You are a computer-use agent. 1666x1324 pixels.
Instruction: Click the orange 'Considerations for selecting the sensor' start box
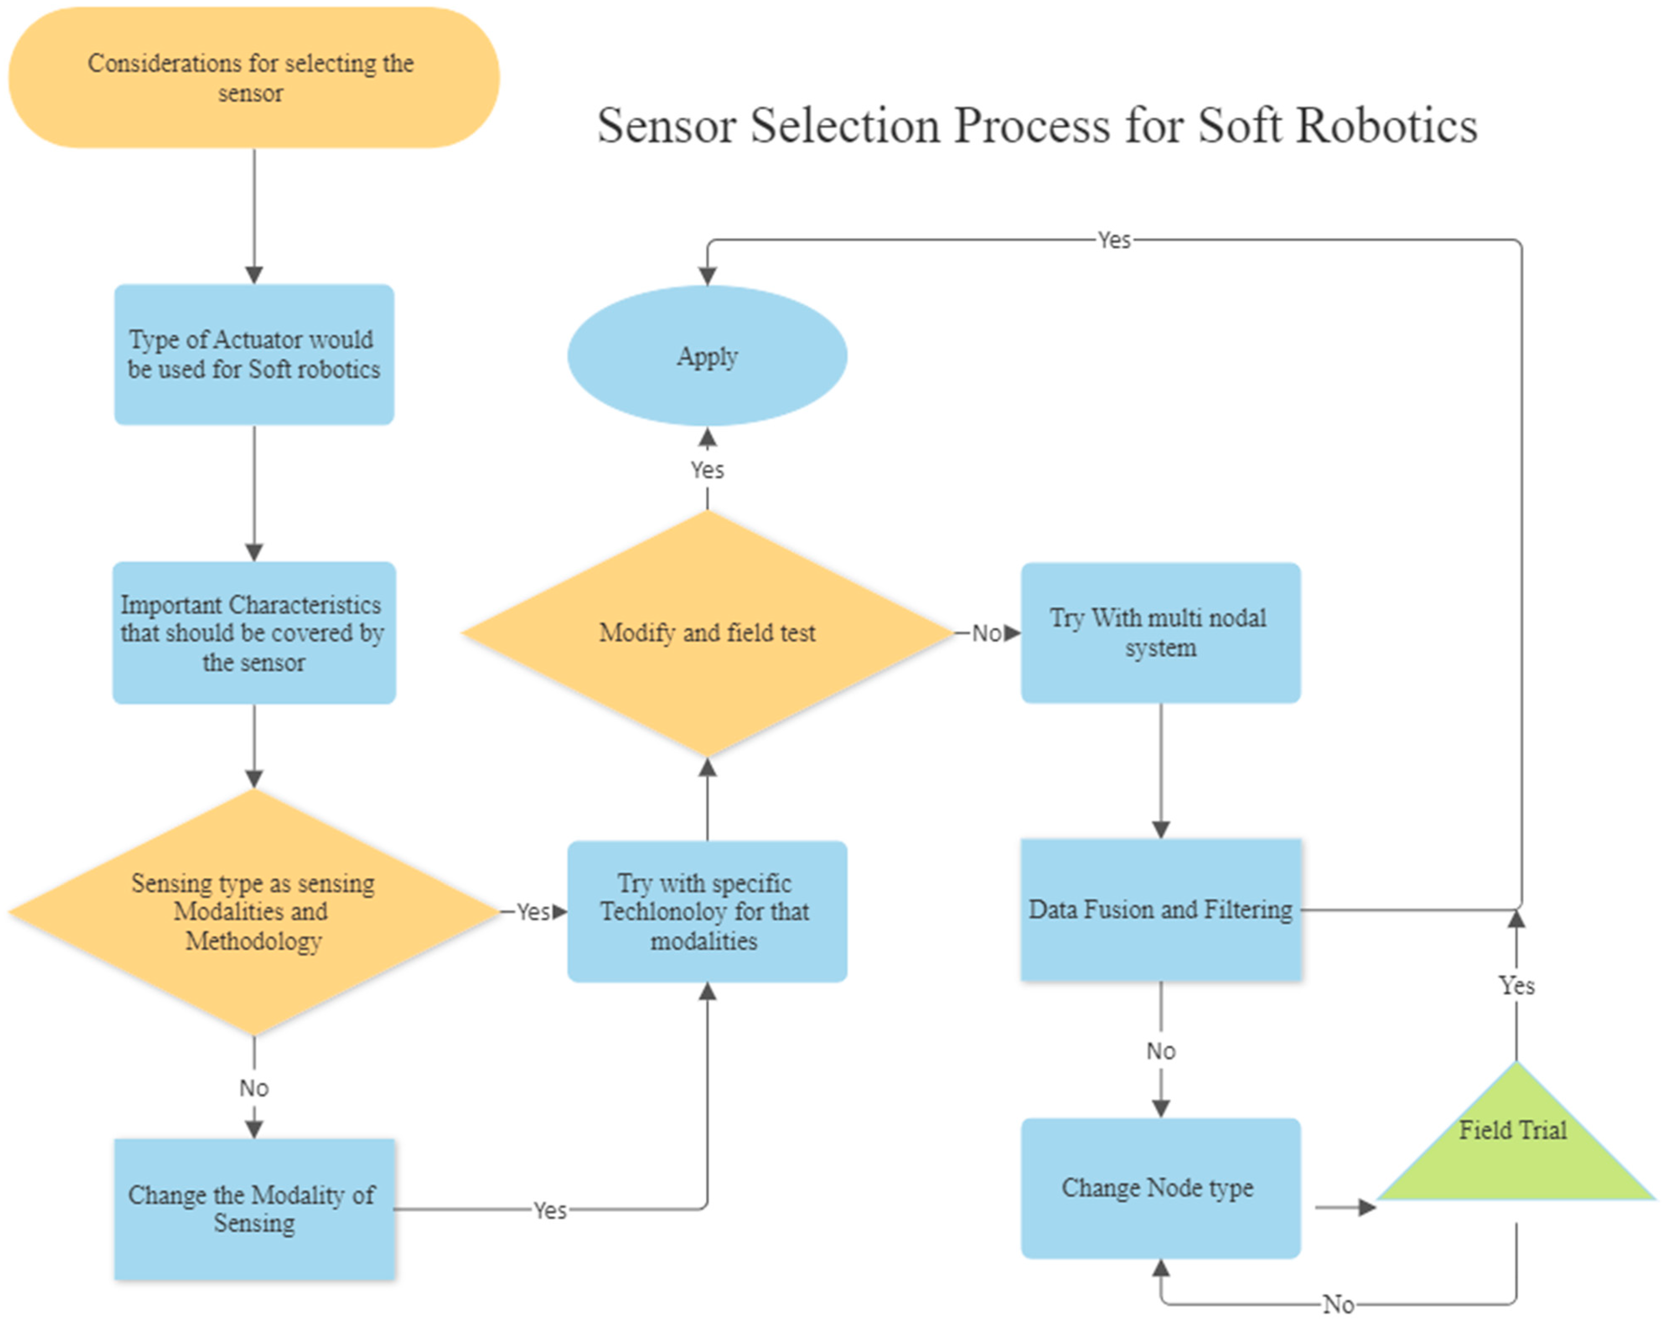tap(254, 77)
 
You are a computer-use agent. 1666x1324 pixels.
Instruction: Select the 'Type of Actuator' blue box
tap(254, 354)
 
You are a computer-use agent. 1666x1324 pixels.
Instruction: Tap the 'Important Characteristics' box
tap(254, 632)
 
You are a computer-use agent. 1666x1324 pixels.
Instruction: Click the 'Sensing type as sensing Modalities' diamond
tap(254, 911)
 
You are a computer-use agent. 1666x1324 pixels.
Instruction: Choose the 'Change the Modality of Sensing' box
tap(254, 1209)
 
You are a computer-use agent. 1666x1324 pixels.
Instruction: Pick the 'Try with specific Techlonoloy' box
tap(706, 911)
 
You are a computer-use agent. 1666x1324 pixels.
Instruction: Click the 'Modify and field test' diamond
tap(706, 632)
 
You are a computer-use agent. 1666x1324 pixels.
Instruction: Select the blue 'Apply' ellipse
tap(706, 356)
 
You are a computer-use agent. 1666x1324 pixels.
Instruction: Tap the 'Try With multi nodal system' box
tap(1160, 632)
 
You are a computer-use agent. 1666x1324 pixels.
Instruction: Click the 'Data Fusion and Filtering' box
tap(1160, 910)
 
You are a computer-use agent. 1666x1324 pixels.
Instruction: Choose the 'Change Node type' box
tap(1160, 1188)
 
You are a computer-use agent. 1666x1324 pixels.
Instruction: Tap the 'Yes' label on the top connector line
tap(1113, 240)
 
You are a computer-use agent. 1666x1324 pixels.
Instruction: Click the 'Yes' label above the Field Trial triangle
tap(1516, 986)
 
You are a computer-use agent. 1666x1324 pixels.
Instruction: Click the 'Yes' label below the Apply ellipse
tap(706, 470)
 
